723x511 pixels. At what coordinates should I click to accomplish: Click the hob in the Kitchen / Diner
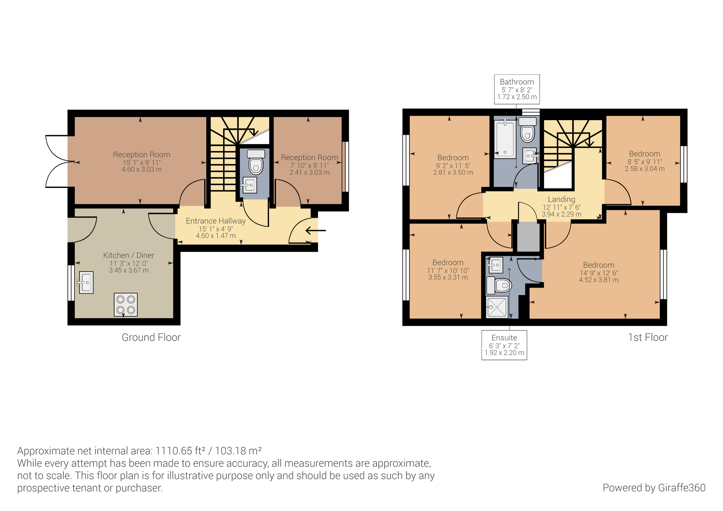coord(126,305)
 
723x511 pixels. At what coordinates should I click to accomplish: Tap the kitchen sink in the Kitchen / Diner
coord(86,282)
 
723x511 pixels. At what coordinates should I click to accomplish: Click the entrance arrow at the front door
coord(315,231)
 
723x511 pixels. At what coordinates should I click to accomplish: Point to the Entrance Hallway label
coord(216,221)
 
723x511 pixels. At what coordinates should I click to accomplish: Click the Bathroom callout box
coord(517,89)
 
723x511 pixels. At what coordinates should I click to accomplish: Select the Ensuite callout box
coord(504,345)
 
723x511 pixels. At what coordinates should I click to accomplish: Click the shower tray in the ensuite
coord(497,307)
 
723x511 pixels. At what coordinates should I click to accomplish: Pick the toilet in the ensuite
coord(500,285)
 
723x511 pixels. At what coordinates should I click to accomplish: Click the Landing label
coord(562,199)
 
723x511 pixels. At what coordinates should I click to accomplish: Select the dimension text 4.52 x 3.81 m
coord(599,280)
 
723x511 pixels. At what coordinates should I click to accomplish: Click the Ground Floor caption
coord(151,338)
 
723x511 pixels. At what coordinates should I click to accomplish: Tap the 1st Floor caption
coord(648,338)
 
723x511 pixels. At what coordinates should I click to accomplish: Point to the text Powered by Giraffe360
coord(654,488)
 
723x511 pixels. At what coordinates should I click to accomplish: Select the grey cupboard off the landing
coord(528,236)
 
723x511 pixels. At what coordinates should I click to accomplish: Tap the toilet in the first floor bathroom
coord(527,130)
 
